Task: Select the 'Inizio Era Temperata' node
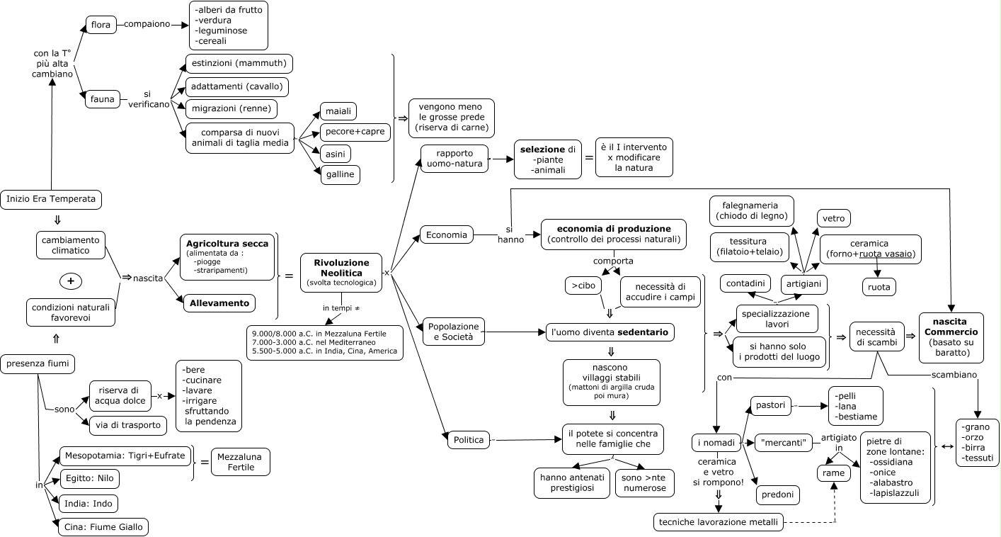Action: tap(51, 199)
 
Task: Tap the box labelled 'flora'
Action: tap(101, 26)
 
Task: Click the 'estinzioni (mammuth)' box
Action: tap(238, 63)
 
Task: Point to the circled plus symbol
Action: tap(70, 281)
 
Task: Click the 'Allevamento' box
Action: tap(219, 303)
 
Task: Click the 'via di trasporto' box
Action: tap(128, 426)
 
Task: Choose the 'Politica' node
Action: tap(468, 440)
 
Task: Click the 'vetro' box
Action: tap(834, 218)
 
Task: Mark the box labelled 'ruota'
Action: tap(879, 287)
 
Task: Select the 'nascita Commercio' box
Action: tap(951, 338)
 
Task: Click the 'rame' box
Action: tap(834, 473)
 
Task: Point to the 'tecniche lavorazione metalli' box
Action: tap(719, 523)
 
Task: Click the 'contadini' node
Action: tap(746, 283)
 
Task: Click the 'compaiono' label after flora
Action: tap(147, 24)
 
